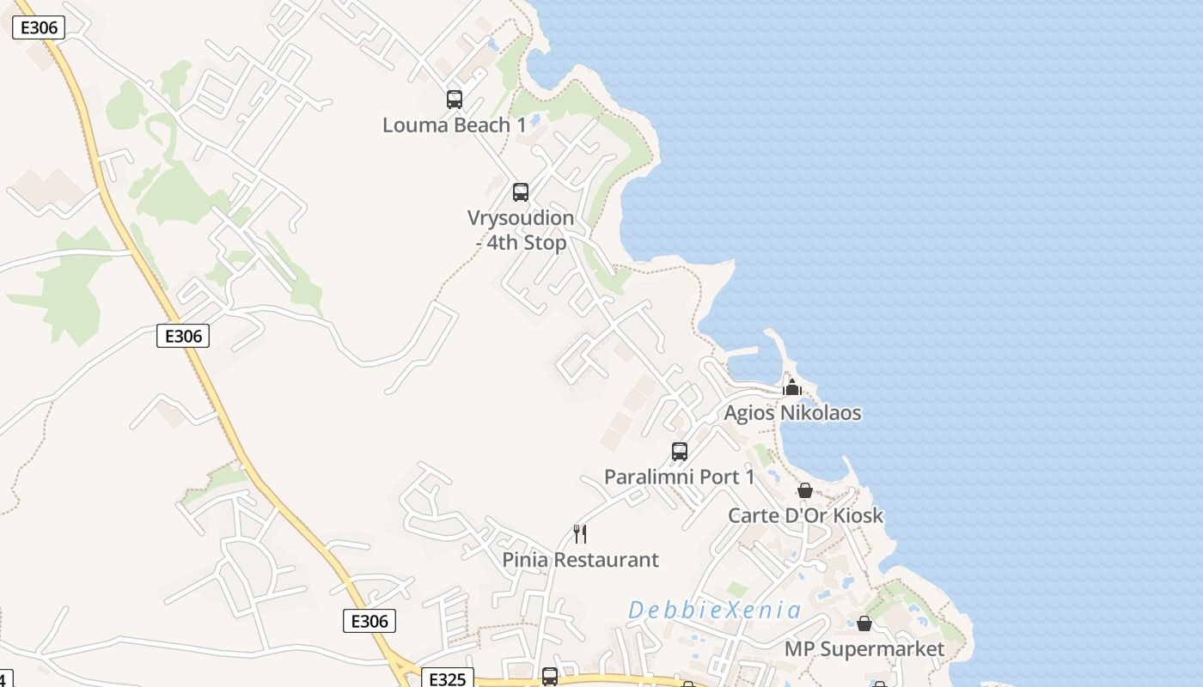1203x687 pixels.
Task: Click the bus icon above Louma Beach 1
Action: tap(455, 100)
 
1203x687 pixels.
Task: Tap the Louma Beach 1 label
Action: tap(455, 125)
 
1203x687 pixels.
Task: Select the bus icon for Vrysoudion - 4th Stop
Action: tap(521, 192)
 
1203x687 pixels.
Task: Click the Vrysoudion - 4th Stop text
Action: tap(521, 230)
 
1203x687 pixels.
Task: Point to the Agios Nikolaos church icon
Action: tap(792, 388)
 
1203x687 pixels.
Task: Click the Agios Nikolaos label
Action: tap(792, 413)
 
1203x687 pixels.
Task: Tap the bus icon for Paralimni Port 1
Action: tap(680, 452)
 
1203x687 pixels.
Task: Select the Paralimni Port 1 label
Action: tap(679, 477)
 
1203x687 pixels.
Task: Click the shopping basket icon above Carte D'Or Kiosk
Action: tap(805, 491)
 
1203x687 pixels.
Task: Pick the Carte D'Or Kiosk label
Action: tap(805, 516)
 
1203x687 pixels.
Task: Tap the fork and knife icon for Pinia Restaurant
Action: tap(581, 534)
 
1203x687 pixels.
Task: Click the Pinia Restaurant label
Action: tap(581, 560)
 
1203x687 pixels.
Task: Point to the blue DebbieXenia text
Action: tap(715, 611)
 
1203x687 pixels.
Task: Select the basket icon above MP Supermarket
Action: tap(864, 623)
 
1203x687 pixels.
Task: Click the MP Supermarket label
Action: tap(864, 648)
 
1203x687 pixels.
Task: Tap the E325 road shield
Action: tap(447, 679)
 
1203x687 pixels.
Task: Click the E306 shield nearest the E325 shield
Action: tap(369, 621)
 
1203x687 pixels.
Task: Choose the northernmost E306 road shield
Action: tap(39, 27)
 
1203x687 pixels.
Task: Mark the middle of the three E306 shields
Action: tap(183, 336)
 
